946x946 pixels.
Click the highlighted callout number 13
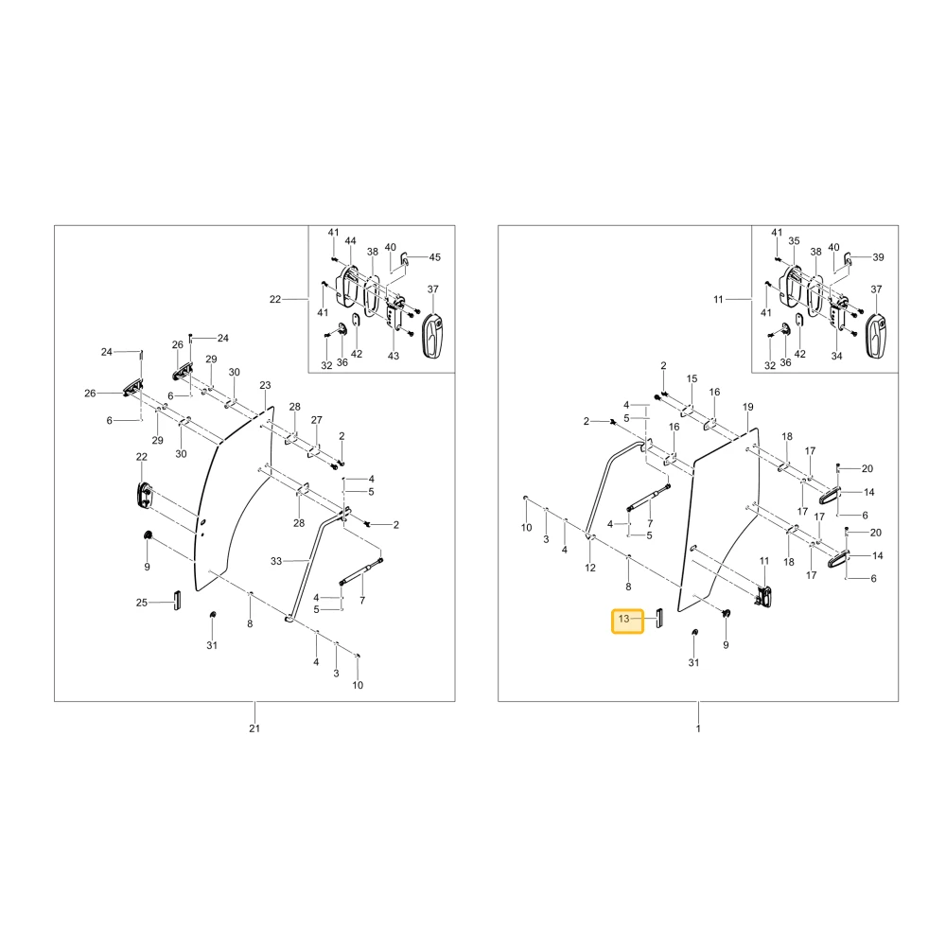tap(623, 619)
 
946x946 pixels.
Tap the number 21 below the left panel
tap(254, 728)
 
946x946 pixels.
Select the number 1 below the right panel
tap(698, 728)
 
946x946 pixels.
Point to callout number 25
tap(142, 602)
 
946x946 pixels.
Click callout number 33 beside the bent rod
tap(276, 561)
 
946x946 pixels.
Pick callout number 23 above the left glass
tap(266, 385)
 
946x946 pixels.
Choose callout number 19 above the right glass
tap(748, 407)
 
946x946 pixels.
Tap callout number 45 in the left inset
tap(435, 257)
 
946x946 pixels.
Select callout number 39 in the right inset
tap(879, 257)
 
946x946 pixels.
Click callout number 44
tap(351, 240)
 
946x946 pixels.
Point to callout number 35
tap(794, 240)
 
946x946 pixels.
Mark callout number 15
tap(692, 378)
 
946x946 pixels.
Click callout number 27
tap(317, 420)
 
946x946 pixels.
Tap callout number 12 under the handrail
tap(590, 568)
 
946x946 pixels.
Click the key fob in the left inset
tap(432, 336)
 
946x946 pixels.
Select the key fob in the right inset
tap(876, 336)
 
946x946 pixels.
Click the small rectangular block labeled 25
tap(177, 601)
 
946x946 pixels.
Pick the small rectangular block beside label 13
tap(659, 619)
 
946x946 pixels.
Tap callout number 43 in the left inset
tap(394, 356)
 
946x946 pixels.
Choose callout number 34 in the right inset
tap(837, 356)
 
